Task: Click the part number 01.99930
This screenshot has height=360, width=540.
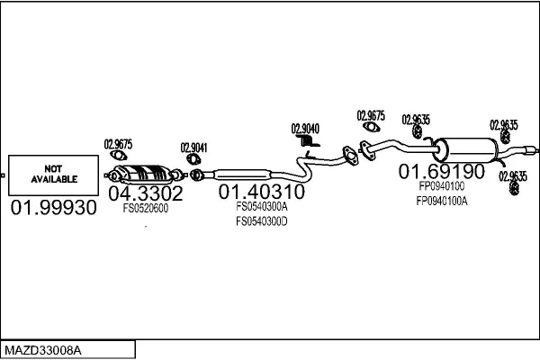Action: pos(52,208)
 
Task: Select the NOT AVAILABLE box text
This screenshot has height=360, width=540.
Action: pos(55,174)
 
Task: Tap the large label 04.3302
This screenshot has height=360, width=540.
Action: pos(146,193)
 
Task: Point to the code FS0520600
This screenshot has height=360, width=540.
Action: pos(146,207)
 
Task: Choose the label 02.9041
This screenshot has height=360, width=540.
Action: pos(193,148)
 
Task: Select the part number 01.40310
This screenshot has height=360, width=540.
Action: pos(261,193)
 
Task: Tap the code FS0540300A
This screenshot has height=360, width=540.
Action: pos(261,206)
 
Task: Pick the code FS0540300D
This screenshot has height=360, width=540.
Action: pos(261,220)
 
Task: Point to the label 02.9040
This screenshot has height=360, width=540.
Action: pos(304,129)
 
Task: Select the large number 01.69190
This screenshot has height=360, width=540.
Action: pos(442,170)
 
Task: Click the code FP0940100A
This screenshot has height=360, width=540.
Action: pos(442,201)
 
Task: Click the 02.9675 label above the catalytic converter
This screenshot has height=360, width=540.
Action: pos(118,143)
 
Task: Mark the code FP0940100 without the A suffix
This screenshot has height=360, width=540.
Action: pos(442,185)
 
